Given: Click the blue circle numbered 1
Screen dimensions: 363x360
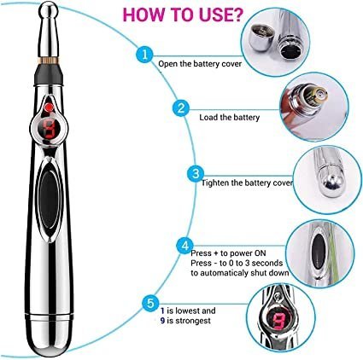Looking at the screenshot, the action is tap(144, 54).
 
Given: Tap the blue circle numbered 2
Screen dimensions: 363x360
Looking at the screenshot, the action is tap(181, 108).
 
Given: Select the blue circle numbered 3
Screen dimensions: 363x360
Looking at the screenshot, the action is tap(196, 174).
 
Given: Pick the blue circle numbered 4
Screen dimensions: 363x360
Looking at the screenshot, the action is tap(184, 246).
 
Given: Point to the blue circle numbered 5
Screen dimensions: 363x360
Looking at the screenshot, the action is tap(150, 303).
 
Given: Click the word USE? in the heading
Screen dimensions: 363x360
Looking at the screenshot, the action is tap(215, 15).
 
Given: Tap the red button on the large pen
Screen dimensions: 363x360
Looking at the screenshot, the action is tap(50, 107).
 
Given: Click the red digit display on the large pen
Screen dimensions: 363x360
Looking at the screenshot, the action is tap(50, 128).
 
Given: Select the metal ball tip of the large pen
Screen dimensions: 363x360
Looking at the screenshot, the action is tap(49, 10).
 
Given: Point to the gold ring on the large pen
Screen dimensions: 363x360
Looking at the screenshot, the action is tap(49, 60).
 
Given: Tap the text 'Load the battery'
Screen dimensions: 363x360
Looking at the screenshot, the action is tap(230, 118).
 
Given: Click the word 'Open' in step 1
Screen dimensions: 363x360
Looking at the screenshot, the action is tap(168, 64).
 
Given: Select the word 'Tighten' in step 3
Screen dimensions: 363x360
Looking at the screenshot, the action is tap(215, 183).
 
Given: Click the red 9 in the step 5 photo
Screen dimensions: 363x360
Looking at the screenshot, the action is tap(278, 321).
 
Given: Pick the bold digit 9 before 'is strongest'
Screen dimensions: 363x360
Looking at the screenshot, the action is tap(162, 321).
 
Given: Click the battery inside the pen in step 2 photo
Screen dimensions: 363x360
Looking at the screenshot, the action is tap(315, 96).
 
